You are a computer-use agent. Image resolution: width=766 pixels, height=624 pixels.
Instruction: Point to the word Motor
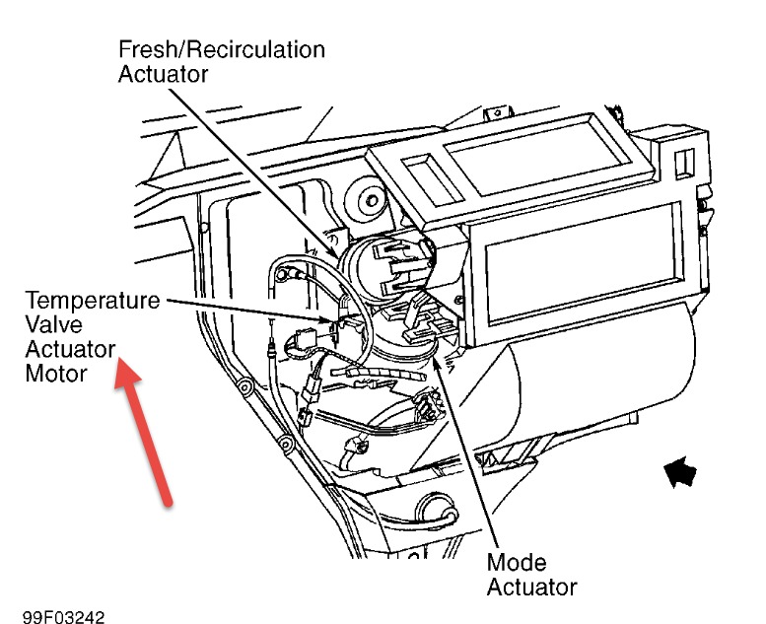click(56, 374)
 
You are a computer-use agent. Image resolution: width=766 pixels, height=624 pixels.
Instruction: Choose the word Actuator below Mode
click(531, 588)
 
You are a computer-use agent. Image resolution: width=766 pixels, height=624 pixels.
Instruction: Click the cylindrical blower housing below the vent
click(592, 384)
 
